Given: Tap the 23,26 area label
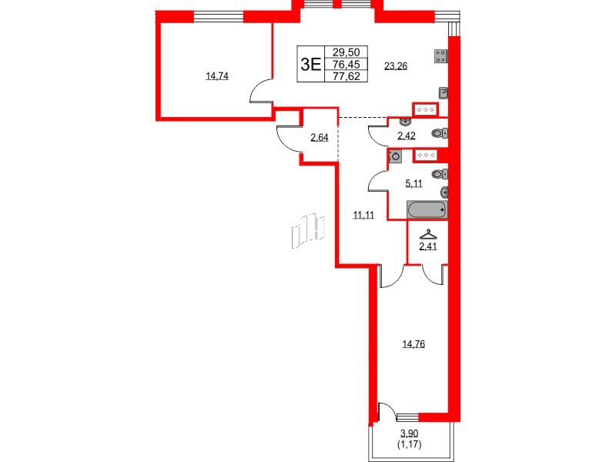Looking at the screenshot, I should click(395, 66).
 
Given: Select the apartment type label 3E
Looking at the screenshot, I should click(310, 65).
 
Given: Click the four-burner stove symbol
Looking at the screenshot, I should click(442, 55).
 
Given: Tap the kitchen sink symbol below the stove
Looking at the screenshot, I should click(443, 92).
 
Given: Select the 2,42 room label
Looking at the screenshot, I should click(406, 136).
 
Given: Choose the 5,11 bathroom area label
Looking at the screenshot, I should click(415, 184).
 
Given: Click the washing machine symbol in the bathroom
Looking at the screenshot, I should click(396, 156).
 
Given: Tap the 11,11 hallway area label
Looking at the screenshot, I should click(363, 216).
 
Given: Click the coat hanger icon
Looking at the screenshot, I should click(426, 235).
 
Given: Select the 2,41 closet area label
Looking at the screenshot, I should click(427, 247).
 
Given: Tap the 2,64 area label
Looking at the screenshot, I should click(320, 139).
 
